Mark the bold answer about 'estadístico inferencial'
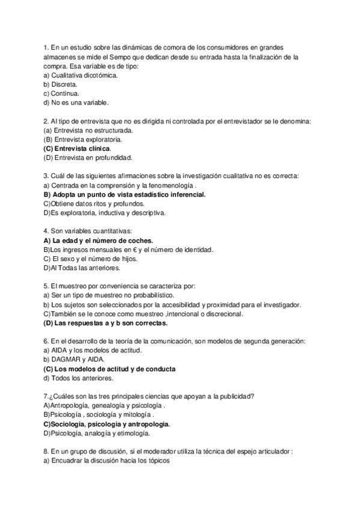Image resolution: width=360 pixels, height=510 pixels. (x=125, y=194)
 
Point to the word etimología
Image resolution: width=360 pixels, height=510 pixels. (x=131, y=433)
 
